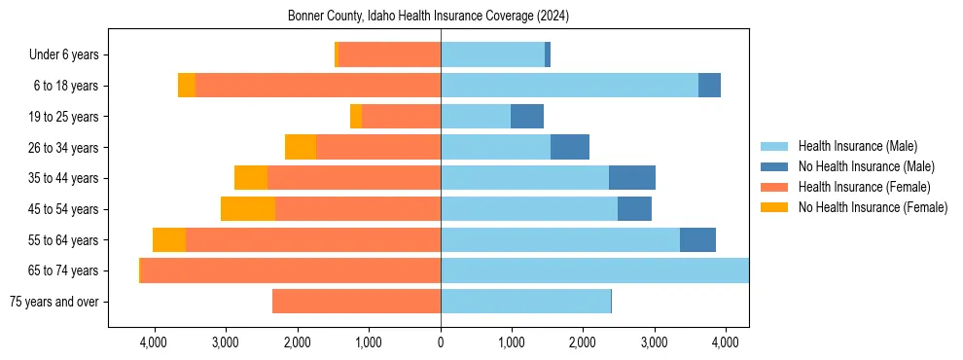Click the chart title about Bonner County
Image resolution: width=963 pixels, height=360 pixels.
coord(429,17)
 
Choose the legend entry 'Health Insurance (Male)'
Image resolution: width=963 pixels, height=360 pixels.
coord(857,146)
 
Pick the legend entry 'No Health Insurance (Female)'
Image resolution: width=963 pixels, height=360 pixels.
coord(873,207)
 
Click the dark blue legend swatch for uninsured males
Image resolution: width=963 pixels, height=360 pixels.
coord(774,166)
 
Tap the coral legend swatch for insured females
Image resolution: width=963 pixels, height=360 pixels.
coord(774,187)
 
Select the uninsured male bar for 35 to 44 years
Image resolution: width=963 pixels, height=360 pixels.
coord(632,178)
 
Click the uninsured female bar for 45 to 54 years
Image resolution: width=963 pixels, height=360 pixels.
coord(248,209)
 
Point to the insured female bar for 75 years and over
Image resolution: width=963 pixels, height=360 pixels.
coord(356,302)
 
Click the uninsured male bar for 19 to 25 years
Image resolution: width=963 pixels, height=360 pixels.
coord(527,117)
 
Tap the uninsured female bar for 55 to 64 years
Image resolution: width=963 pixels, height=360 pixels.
coord(169,240)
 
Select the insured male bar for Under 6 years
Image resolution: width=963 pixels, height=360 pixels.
coord(492,55)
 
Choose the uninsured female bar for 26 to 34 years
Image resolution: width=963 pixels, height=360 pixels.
coord(301,147)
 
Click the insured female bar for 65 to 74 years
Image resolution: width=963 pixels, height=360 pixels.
coord(291,270)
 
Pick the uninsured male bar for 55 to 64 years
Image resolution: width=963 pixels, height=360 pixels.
coord(697,240)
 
